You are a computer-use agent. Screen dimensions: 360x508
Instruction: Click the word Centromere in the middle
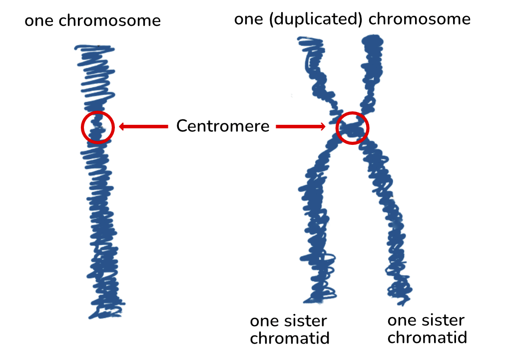click(x=222, y=126)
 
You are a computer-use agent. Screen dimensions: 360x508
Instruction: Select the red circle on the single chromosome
click(x=98, y=127)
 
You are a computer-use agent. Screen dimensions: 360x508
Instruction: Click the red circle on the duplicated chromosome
click(x=352, y=128)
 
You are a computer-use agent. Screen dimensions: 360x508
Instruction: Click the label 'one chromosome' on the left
click(x=92, y=21)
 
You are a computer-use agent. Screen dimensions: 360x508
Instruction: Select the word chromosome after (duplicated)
click(x=419, y=19)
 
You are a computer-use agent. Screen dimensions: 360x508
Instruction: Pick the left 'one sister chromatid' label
click(x=289, y=330)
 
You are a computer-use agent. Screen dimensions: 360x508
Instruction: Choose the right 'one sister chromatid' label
click(x=427, y=328)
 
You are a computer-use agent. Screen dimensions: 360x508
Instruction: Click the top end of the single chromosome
click(x=95, y=49)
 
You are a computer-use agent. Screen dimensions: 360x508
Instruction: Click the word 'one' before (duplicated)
click(x=248, y=19)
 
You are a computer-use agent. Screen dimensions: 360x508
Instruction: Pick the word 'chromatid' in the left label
click(x=290, y=338)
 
